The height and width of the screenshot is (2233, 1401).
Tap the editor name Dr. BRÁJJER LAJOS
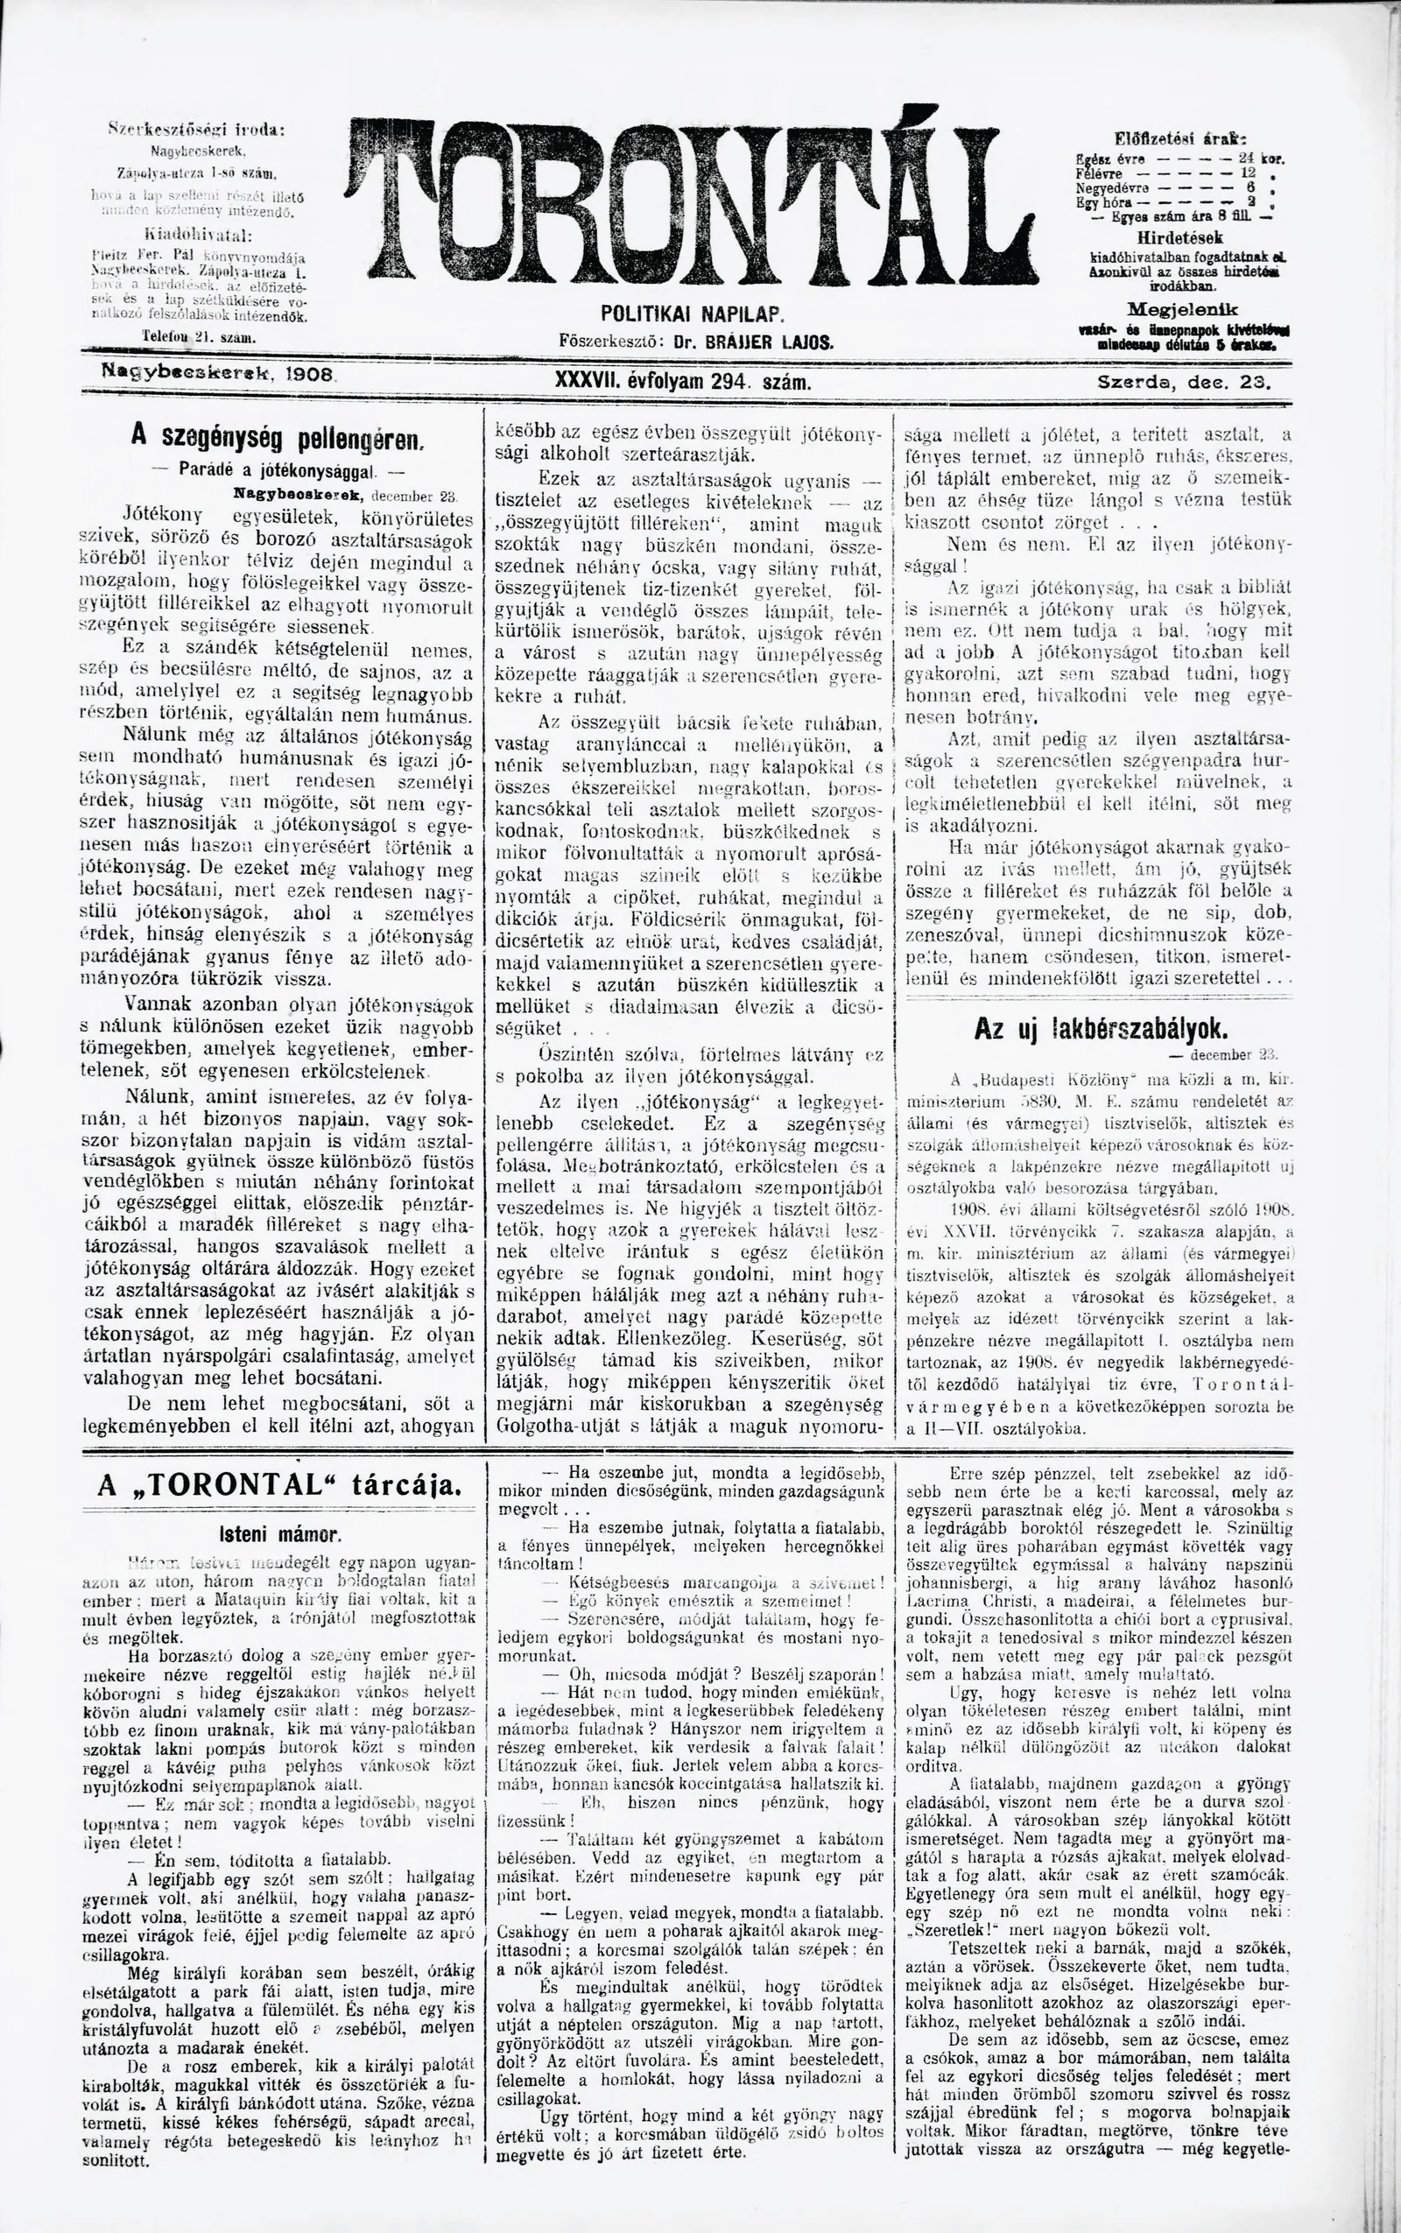pos(754,341)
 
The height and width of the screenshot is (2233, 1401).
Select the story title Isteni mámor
pos(280,1532)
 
